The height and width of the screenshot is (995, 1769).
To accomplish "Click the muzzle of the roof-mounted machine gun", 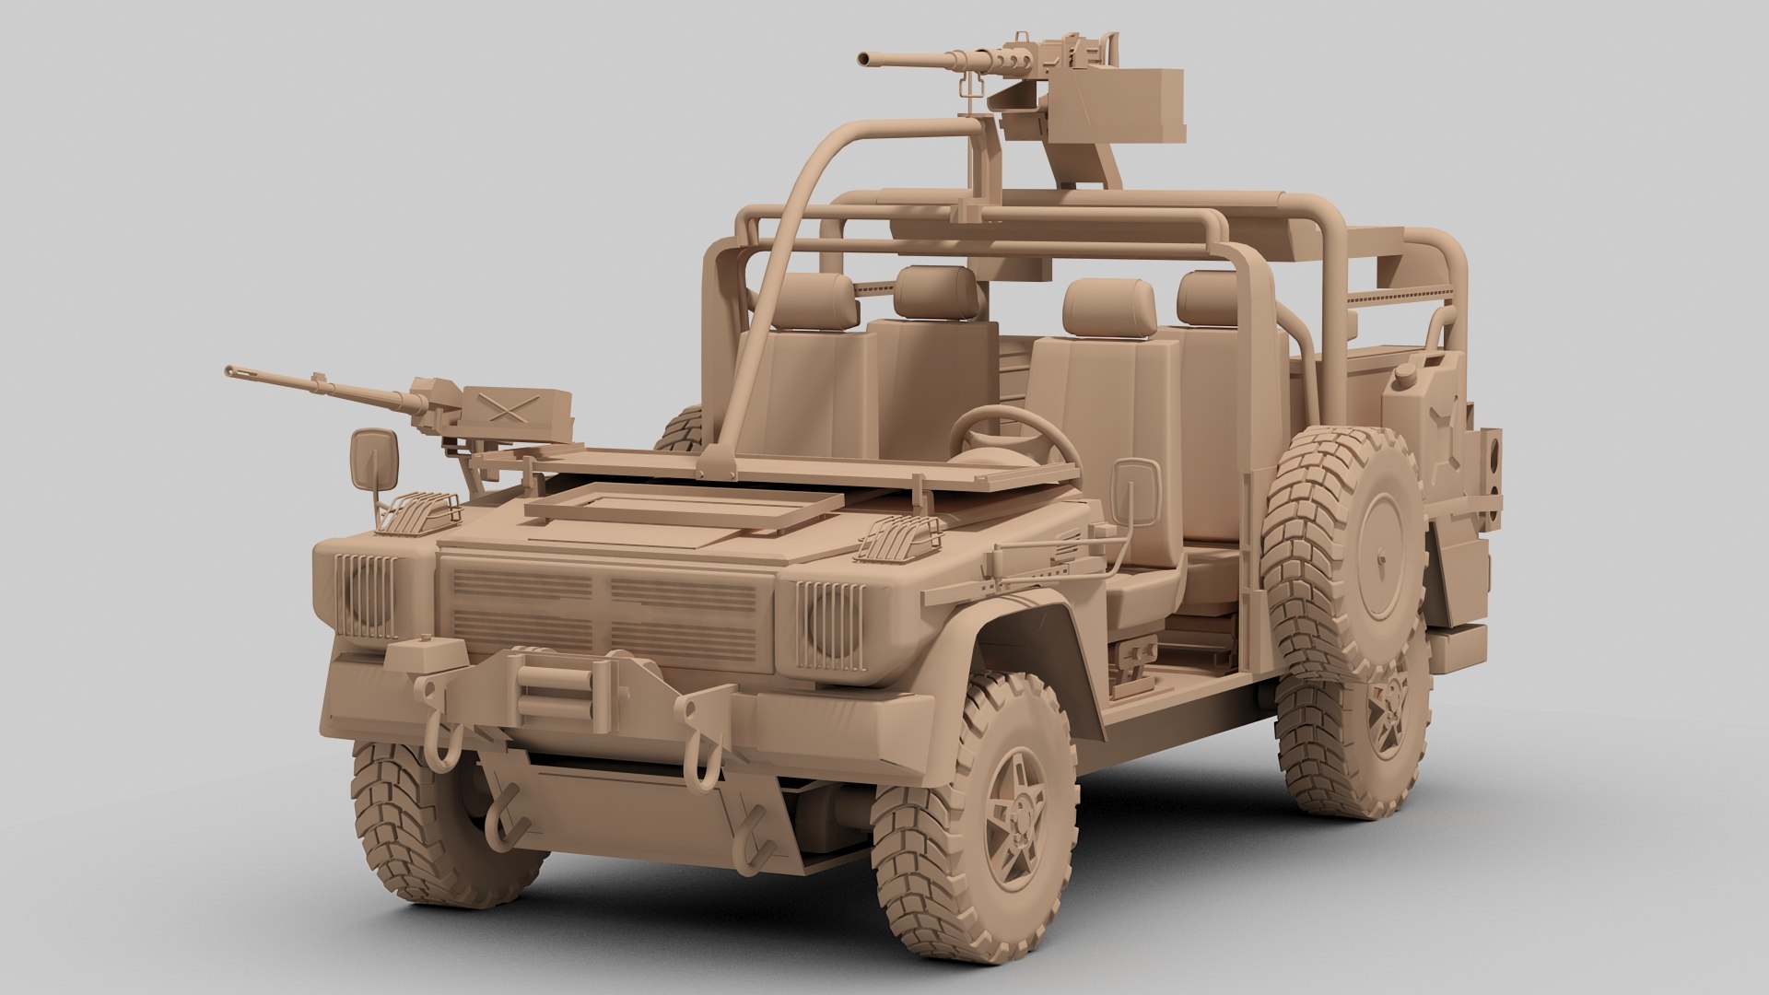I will pos(863,59).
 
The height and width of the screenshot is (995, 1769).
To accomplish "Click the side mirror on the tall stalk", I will pos(373,461).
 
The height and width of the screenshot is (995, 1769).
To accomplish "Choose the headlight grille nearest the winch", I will pos(367,596).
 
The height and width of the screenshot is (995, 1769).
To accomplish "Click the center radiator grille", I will pos(604,608).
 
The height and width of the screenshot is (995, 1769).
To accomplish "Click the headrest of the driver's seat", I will pos(1108,308).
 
